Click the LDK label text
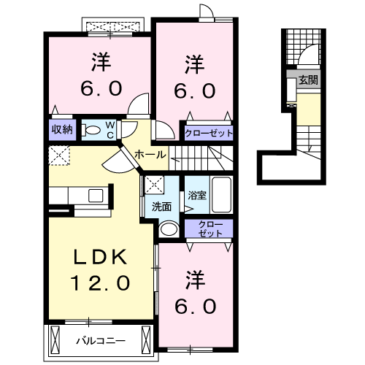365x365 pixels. tap(101, 257)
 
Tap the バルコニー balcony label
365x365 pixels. tap(101, 341)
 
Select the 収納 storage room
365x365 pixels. tap(62, 130)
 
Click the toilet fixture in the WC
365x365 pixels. tap(91, 130)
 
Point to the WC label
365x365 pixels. tap(110, 130)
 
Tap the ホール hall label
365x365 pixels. tap(150, 154)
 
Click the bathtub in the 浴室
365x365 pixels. tap(221, 195)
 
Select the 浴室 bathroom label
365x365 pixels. tap(197, 195)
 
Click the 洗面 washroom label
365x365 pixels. tap(161, 207)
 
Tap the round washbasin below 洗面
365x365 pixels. tap(169, 228)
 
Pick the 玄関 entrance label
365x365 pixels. tap(309, 80)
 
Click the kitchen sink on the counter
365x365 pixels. tap(96, 196)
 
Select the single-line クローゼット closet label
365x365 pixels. tap(209, 134)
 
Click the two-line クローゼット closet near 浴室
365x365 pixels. tap(209, 228)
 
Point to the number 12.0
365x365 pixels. tap(101, 283)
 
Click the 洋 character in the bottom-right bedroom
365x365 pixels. tap(195, 280)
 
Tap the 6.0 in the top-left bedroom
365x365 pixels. tap(101, 88)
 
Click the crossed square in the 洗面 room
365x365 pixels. tap(154, 185)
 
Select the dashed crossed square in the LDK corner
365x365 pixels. tap(59, 155)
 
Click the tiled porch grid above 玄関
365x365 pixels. tap(303, 47)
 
